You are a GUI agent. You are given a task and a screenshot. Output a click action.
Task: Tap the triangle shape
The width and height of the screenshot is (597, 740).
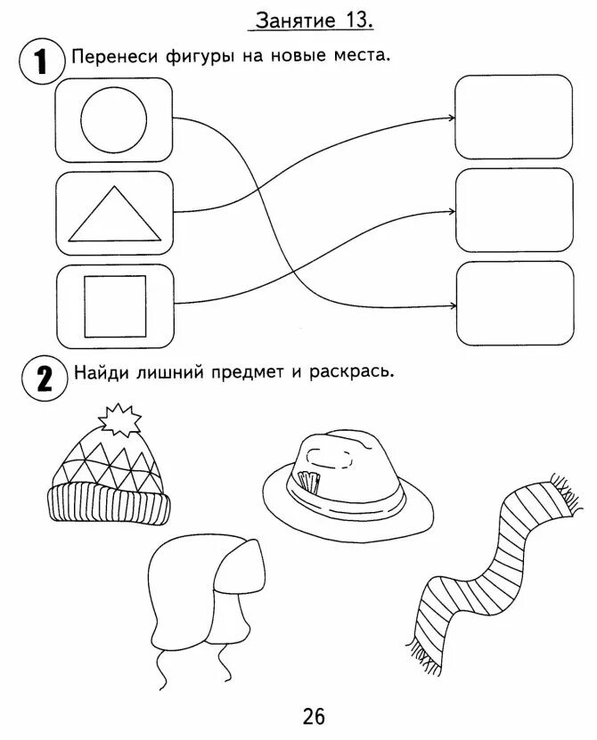[115, 215]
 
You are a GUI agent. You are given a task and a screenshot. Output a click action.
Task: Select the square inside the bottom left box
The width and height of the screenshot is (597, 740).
[113, 306]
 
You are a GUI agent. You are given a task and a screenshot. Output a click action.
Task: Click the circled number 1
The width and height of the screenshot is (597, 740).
[39, 63]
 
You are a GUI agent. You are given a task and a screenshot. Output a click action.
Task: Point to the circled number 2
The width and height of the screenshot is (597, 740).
[39, 378]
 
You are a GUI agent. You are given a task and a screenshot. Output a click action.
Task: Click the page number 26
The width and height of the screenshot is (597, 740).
[314, 715]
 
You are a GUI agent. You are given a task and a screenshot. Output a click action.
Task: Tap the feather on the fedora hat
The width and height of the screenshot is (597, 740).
[307, 481]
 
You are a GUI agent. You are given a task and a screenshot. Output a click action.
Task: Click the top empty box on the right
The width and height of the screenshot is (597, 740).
[513, 117]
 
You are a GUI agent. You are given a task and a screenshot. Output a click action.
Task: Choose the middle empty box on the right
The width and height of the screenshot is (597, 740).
[514, 209]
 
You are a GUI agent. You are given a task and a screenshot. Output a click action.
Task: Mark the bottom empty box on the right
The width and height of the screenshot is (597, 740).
[514, 303]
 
